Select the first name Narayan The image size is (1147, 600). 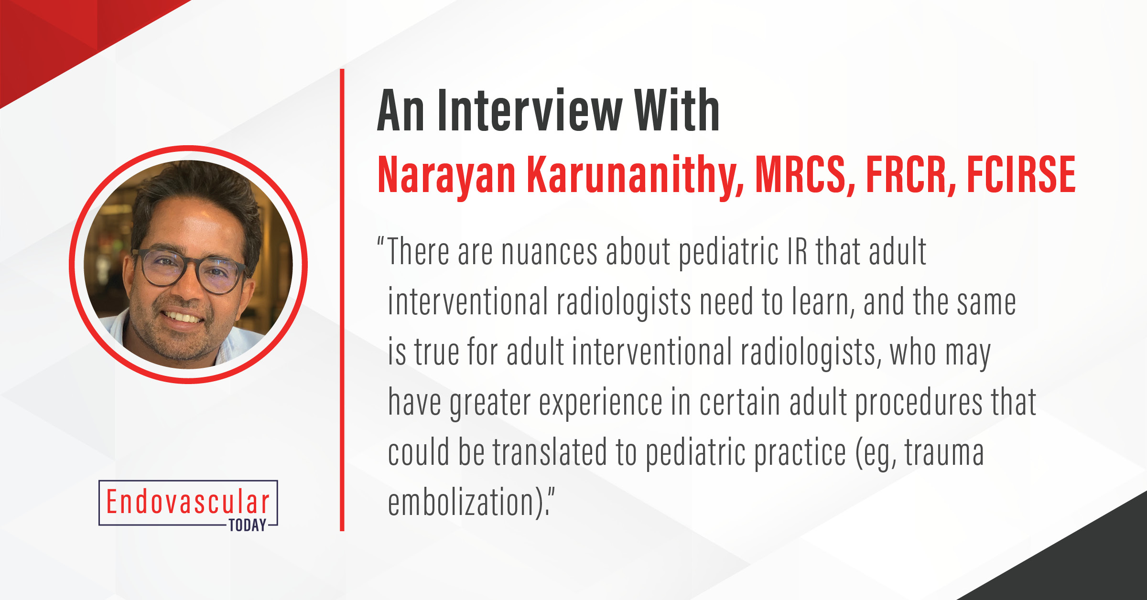(446, 176)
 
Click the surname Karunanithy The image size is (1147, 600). (636, 176)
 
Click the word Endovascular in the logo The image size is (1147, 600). (188, 502)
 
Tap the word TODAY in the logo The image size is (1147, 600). (247, 525)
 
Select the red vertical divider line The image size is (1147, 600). (342, 300)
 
